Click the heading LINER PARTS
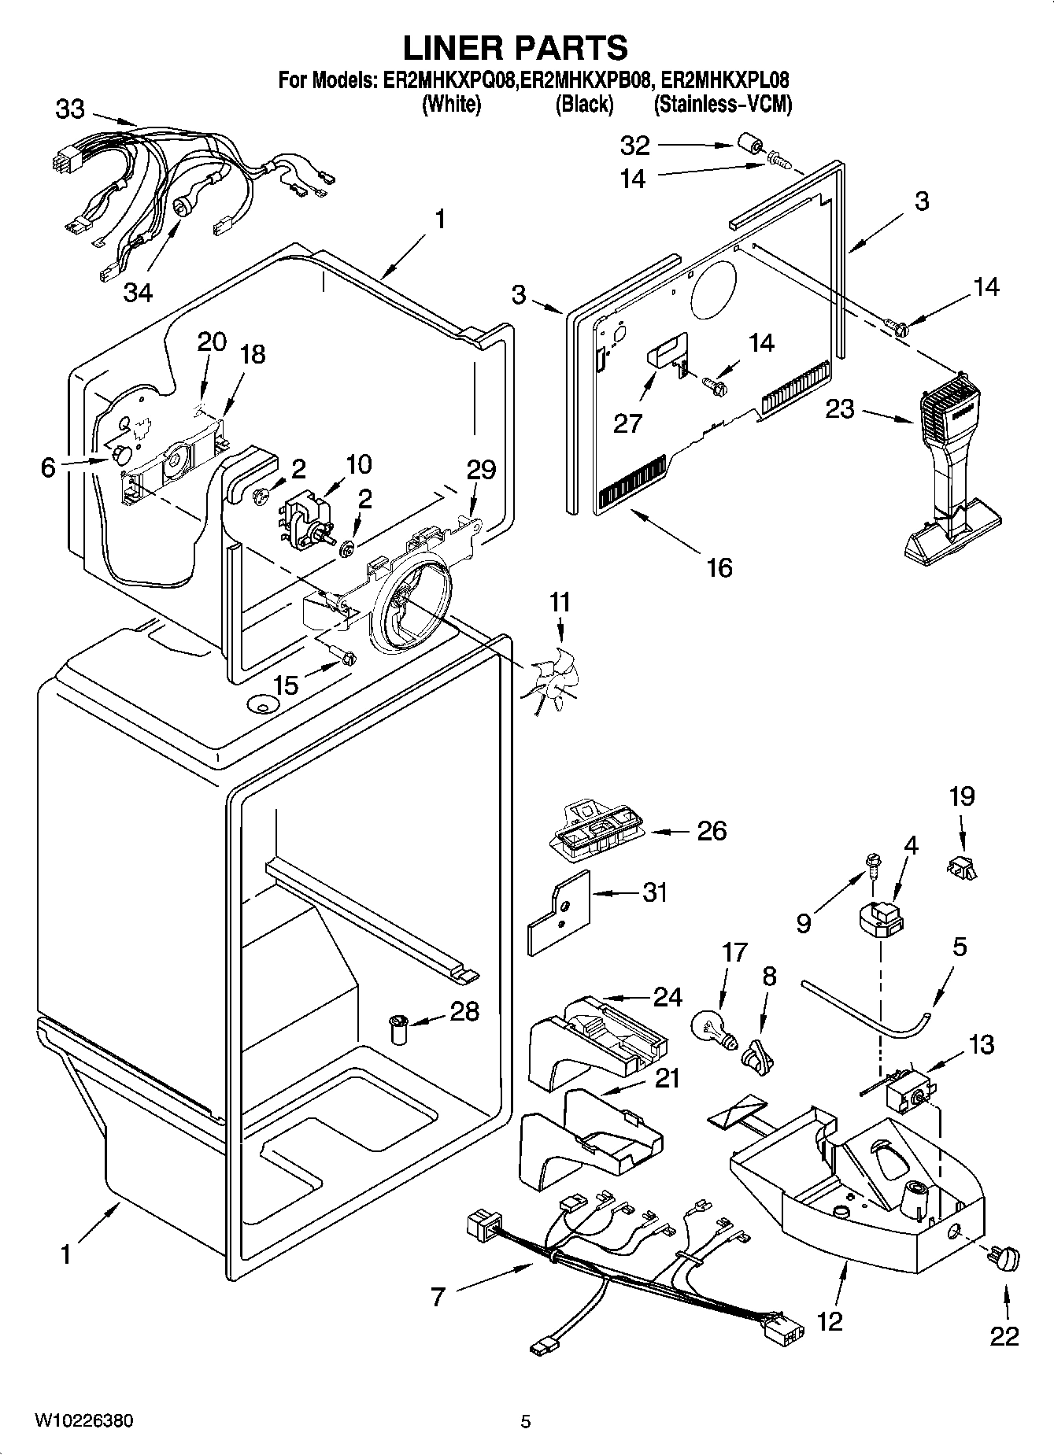[x=516, y=48]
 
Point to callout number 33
[x=69, y=109]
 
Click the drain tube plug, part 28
[x=399, y=1029]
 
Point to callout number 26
[x=712, y=830]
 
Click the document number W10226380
[x=83, y=1421]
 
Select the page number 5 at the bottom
[x=525, y=1421]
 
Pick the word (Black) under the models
[x=584, y=104]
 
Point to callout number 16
[x=719, y=567]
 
